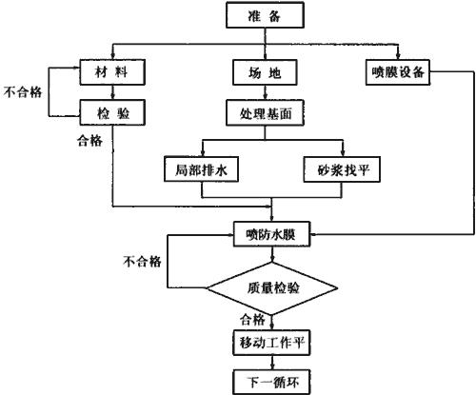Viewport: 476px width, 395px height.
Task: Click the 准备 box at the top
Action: [265, 15]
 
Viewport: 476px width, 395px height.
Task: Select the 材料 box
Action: [112, 72]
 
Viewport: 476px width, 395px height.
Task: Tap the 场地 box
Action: [265, 72]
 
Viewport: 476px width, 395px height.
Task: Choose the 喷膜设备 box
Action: [398, 72]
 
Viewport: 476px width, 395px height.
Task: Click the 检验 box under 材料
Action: [112, 112]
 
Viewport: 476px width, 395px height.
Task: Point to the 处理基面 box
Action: [265, 112]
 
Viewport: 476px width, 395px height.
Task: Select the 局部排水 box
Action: [201, 169]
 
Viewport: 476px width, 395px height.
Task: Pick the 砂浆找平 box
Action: [342, 169]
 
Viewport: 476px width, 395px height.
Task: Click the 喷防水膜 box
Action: [271, 234]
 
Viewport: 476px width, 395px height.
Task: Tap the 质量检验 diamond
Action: [272, 288]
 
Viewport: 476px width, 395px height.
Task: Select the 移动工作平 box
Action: [271, 343]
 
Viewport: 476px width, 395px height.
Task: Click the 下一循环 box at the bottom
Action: [271, 382]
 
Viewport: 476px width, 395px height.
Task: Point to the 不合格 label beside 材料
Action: [23, 92]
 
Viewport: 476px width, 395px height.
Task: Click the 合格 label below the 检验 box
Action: [89, 140]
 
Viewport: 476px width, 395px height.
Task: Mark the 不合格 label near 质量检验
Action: [143, 262]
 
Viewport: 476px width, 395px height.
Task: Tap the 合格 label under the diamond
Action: [252, 320]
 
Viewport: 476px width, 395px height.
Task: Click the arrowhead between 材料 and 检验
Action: [112, 96]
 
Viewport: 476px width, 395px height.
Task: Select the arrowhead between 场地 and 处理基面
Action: [266, 97]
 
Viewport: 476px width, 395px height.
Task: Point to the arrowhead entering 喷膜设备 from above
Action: [398, 56]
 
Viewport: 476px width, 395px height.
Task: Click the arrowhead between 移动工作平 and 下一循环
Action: [272, 366]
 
